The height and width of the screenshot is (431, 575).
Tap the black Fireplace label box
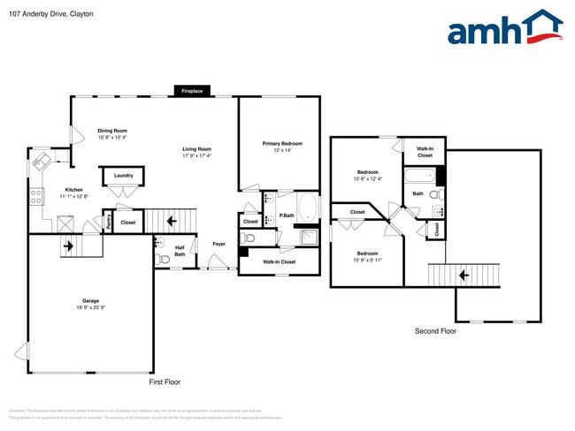tap(192, 91)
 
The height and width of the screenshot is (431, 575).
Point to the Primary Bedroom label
tap(282, 143)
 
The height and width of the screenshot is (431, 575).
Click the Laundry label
tap(124, 175)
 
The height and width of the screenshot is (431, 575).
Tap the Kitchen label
tap(73, 190)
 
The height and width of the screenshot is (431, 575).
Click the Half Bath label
tap(180, 251)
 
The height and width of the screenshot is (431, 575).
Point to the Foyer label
tap(218, 244)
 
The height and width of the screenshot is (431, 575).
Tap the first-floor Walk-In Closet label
tap(280, 261)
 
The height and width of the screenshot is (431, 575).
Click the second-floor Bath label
tap(418, 193)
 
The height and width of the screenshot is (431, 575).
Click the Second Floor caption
tap(436, 331)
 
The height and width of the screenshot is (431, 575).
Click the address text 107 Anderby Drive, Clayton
tap(51, 14)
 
